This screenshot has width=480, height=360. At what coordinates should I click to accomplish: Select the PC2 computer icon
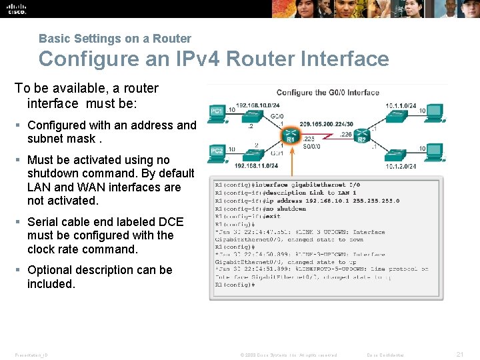[x=217, y=151]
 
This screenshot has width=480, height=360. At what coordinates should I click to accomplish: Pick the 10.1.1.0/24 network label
[x=400, y=105]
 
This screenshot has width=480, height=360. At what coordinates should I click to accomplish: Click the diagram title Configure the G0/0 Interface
[x=327, y=93]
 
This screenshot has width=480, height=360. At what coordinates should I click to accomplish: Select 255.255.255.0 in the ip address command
[x=376, y=200]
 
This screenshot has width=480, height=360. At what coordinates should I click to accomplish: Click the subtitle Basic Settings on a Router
[x=115, y=39]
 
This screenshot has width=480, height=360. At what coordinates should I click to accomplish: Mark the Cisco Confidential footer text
[x=390, y=355]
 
